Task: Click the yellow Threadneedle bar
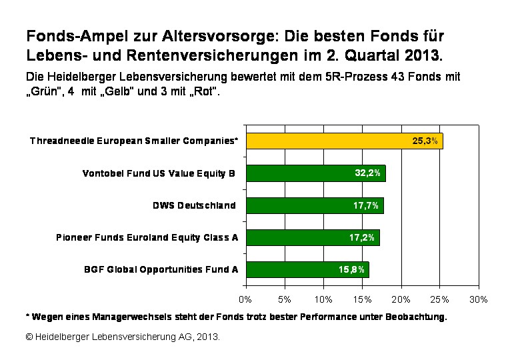click(x=343, y=141)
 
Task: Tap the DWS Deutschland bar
click(x=314, y=205)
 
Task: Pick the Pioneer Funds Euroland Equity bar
click(x=312, y=237)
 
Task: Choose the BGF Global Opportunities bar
click(x=307, y=269)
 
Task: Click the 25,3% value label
click(x=425, y=141)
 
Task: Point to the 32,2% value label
click(x=367, y=173)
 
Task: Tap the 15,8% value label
click(x=351, y=269)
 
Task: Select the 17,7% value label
click(x=366, y=205)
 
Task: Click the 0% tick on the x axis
click(x=245, y=299)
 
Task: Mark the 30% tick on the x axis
click(x=479, y=299)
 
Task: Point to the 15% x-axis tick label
click(x=362, y=299)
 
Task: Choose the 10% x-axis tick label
click(x=323, y=299)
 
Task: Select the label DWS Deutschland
click(x=195, y=205)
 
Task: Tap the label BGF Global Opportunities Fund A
click(x=161, y=269)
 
